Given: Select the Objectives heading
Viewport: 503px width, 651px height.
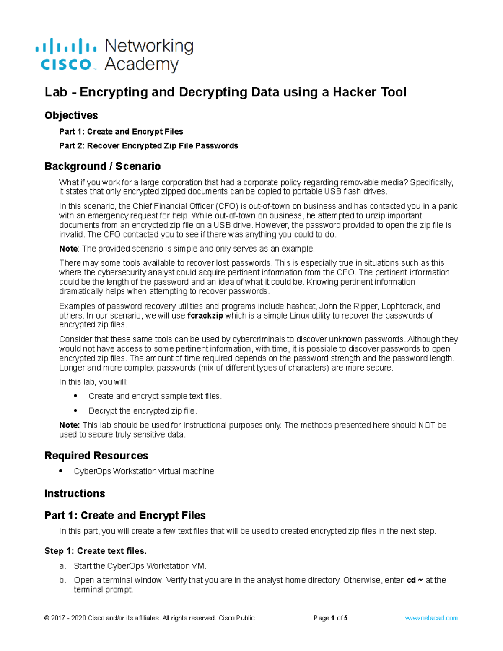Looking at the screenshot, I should coord(71,115).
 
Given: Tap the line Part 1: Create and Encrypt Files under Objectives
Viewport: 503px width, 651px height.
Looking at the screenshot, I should coord(121,132).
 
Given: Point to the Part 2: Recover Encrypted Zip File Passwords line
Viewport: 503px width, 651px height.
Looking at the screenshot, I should coord(148,146).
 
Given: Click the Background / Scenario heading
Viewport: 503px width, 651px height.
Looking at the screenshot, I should coord(102,166).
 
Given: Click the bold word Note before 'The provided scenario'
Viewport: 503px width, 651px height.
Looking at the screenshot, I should coord(68,249).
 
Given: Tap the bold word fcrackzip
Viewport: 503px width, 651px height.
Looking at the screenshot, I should coord(205,316).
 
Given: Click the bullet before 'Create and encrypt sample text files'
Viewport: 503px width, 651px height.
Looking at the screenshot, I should coord(76,396).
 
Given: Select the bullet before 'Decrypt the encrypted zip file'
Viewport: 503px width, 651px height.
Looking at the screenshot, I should coord(76,411).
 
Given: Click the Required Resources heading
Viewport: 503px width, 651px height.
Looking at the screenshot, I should coord(96,456).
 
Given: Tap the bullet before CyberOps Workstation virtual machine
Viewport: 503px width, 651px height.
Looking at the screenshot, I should coord(61,471).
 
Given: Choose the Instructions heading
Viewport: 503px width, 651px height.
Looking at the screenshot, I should coord(75,493).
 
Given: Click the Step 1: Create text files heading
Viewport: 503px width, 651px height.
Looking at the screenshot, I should coord(96,551).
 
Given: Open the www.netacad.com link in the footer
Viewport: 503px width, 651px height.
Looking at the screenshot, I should coord(431,618).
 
